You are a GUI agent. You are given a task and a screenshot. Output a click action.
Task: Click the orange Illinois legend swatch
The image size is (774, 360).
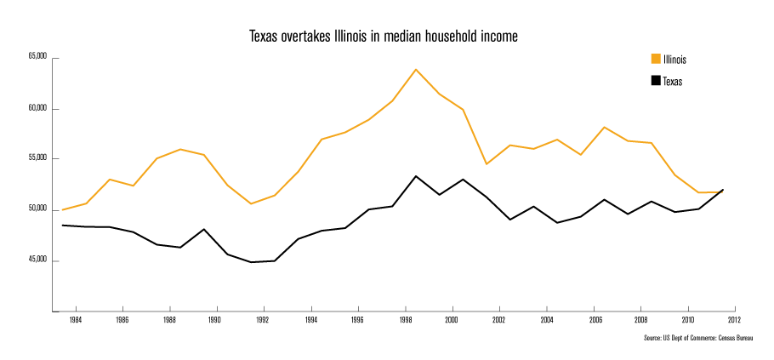tap(656, 59)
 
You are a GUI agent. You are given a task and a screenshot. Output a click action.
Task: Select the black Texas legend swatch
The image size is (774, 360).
tap(656, 81)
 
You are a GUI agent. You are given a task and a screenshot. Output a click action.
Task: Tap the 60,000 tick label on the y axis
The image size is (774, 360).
tap(38, 109)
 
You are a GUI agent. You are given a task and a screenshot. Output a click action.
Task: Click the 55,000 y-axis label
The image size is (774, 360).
tap(38, 159)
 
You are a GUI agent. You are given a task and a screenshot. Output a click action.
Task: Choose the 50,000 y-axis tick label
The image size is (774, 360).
tap(38, 209)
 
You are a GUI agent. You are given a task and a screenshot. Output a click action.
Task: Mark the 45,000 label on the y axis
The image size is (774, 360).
tap(38, 260)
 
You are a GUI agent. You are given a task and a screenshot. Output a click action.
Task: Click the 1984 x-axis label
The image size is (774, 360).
tap(75, 321)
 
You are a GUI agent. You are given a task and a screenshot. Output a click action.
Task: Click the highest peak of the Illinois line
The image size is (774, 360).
tap(415, 70)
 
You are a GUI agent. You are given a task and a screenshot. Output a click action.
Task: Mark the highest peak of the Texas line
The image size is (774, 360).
tap(415, 176)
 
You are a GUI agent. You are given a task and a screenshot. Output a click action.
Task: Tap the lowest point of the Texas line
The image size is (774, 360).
tap(251, 262)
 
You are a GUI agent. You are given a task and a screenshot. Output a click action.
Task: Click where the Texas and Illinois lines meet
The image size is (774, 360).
tap(721, 191)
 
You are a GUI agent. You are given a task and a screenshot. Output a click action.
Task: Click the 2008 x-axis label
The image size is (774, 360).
tap(640, 321)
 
